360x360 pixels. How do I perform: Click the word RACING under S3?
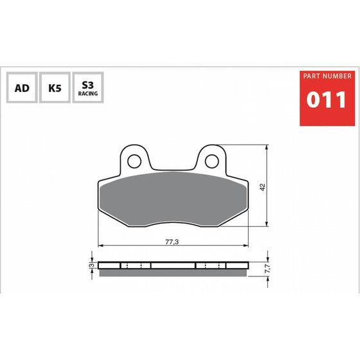[88, 93]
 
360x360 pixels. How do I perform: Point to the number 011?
[327, 100]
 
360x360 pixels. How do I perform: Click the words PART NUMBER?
[327, 76]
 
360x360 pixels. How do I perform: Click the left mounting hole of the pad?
[134, 161]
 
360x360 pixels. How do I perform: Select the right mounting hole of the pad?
[212, 161]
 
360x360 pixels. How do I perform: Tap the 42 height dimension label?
[263, 187]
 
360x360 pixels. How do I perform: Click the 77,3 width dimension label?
[172, 242]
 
